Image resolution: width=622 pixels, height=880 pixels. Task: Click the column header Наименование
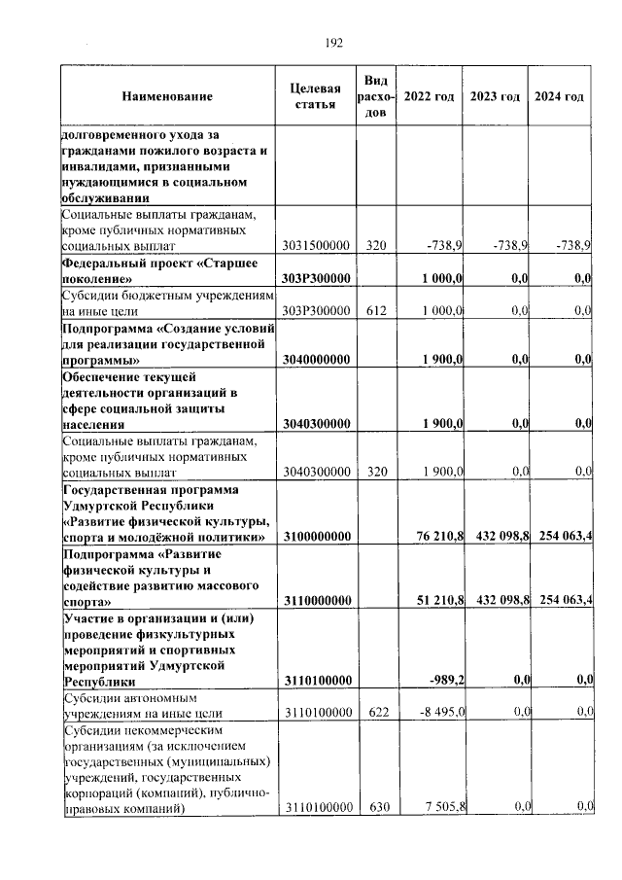[x=167, y=97]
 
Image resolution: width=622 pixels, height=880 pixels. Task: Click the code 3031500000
[x=316, y=246]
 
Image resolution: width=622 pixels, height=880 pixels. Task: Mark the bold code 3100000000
[x=316, y=537]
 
